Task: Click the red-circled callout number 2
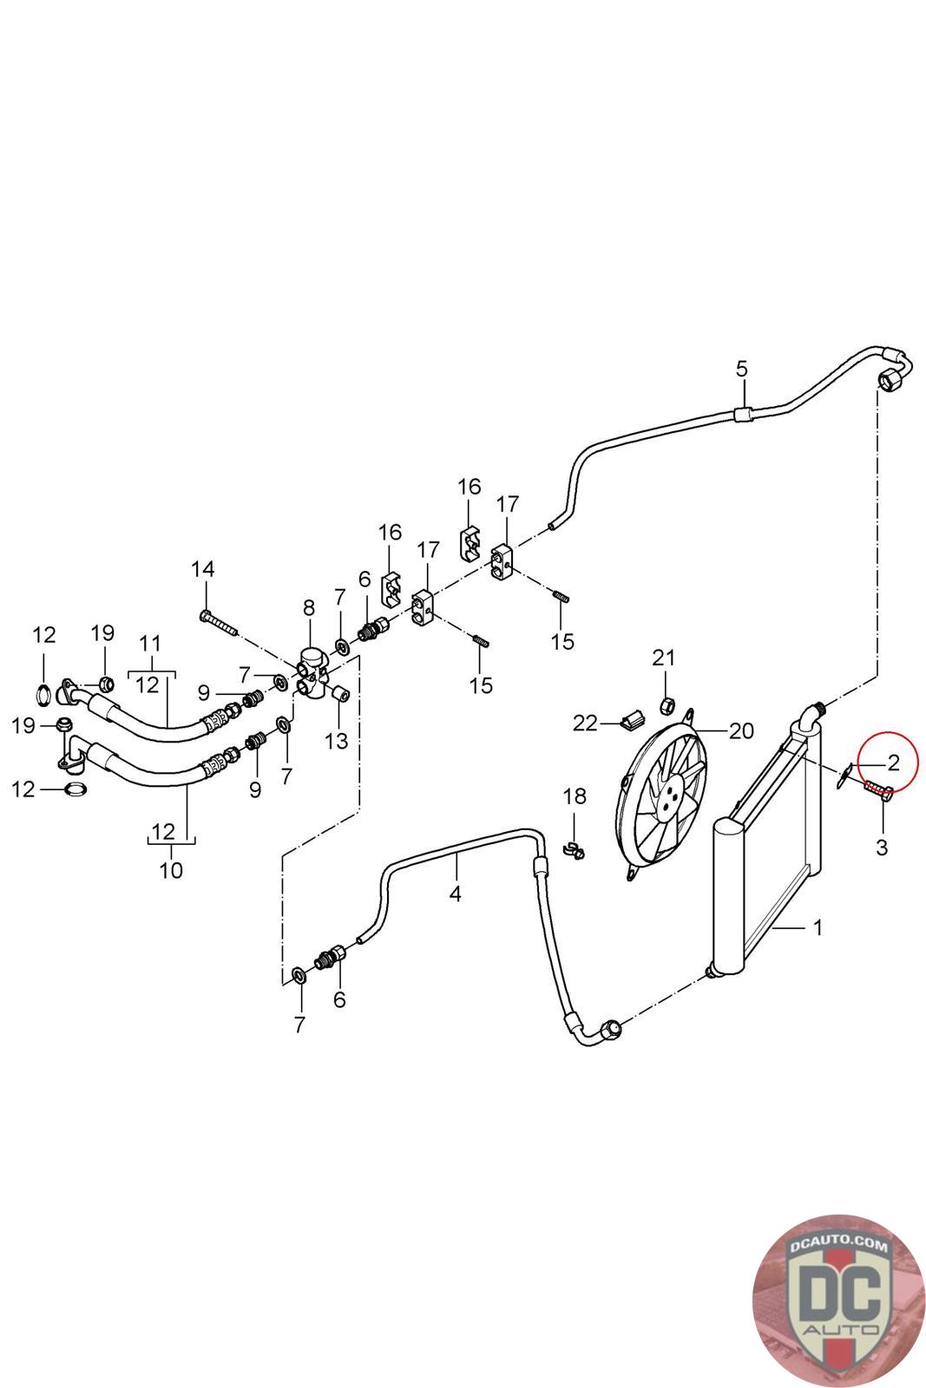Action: [x=892, y=763]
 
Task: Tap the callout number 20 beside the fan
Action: [x=741, y=731]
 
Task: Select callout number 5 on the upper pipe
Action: [x=742, y=369]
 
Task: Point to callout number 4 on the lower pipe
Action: [x=456, y=894]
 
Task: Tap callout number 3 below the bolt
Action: [x=882, y=847]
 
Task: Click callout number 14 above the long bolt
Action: [x=203, y=569]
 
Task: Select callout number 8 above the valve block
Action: [x=309, y=608]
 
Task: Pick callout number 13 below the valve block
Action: [x=337, y=741]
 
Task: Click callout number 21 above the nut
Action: [x=663, y=658]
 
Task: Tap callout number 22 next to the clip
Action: [x=585, y=723]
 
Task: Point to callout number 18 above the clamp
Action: [x=575, y=796]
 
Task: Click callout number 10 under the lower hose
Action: [x=171, y=870]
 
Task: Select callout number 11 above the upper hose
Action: [x=151, y=644]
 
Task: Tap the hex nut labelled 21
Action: [x=667, y=704]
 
